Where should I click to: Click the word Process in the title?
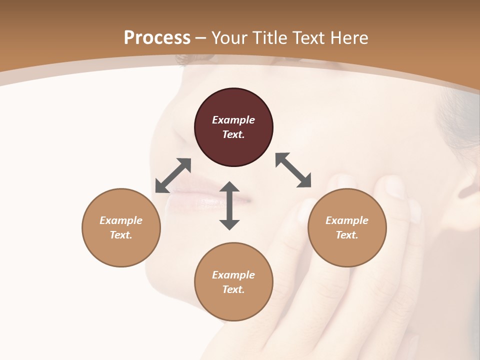coord(157,38)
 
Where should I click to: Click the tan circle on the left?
coord(121,227)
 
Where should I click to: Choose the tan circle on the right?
coord(346,227)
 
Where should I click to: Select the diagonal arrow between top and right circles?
coord(293,170)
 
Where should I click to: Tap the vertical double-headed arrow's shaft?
coord(229,205)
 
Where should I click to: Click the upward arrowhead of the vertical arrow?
coord(229,187)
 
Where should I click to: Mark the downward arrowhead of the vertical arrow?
coord(229,224)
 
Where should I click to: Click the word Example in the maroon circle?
coord(233,120)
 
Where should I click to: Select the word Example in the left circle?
coord(121,220)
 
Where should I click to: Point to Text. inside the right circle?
coord(346,235)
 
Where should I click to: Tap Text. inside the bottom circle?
coord(233,289)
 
